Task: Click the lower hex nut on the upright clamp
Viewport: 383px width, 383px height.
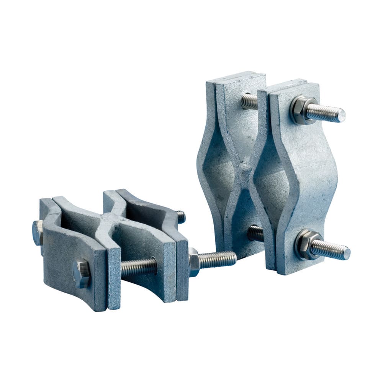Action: (305, 244)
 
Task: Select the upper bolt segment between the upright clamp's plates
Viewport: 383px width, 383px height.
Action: (250, 101)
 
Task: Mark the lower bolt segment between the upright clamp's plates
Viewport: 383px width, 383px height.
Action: (255, 233)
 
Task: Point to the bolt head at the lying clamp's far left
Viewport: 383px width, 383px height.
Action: (37, 233)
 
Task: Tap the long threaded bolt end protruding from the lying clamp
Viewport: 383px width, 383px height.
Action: (218, 260)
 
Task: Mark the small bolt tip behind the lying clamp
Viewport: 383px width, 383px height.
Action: (180, 217)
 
